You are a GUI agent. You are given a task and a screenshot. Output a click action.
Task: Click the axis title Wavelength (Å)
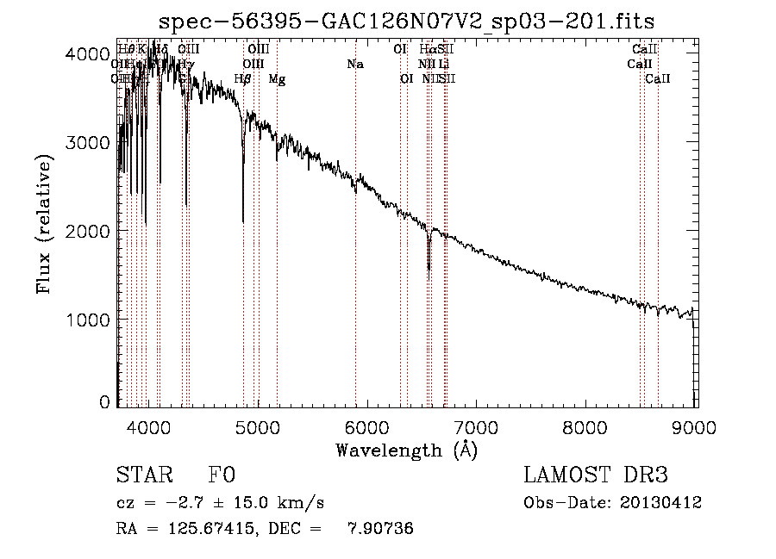[x=406, y=450]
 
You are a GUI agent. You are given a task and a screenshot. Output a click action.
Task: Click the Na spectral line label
[x=355, y=65]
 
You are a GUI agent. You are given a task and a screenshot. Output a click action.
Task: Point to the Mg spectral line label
[x=277, y=79]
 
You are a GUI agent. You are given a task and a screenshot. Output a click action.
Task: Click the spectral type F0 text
[x=222, y=476]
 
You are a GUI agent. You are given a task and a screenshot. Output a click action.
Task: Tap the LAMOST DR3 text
[x=596, y=476]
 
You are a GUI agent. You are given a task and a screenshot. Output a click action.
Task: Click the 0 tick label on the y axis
[x=105, y=402]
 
